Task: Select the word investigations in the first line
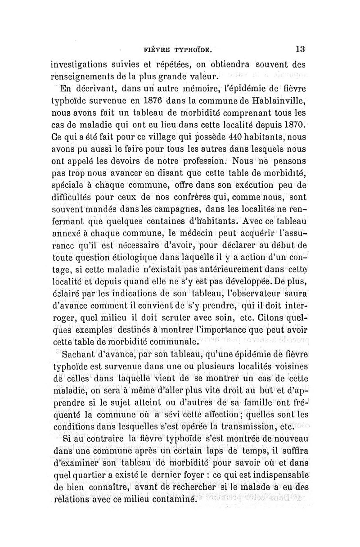tap(82, 64)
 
